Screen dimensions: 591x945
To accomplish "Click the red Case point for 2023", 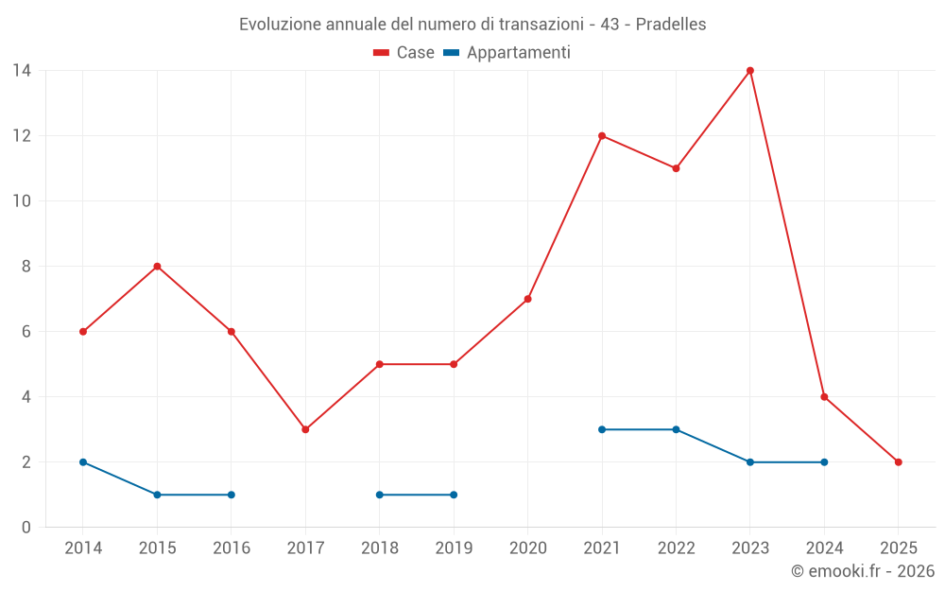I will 750,71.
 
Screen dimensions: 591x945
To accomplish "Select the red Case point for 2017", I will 305,429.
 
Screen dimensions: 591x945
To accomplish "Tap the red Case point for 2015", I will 157,267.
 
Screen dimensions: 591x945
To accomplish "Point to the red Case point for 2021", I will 602,136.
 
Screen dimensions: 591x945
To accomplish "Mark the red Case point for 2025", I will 898,462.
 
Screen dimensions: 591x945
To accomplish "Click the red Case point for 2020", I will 527,299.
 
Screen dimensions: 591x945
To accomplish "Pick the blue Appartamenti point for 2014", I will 83,462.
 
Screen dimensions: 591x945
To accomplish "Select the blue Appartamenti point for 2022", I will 676,429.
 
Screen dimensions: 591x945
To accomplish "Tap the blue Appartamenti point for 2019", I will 454,495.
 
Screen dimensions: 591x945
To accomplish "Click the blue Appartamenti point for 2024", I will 824,462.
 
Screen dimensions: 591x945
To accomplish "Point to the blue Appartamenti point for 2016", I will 232,495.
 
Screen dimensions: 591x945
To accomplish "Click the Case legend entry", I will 404,53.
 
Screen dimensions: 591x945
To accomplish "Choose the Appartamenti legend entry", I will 508,53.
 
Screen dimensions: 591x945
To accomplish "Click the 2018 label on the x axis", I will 380,548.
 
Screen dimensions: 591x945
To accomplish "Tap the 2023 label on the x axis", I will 750,548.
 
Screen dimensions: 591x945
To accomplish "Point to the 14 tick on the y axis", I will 22,71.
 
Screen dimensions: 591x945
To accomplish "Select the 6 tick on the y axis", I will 26,332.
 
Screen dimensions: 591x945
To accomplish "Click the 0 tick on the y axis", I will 26,528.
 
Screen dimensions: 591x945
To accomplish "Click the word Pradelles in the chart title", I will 671,25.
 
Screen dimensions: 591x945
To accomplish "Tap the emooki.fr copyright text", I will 863,571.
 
